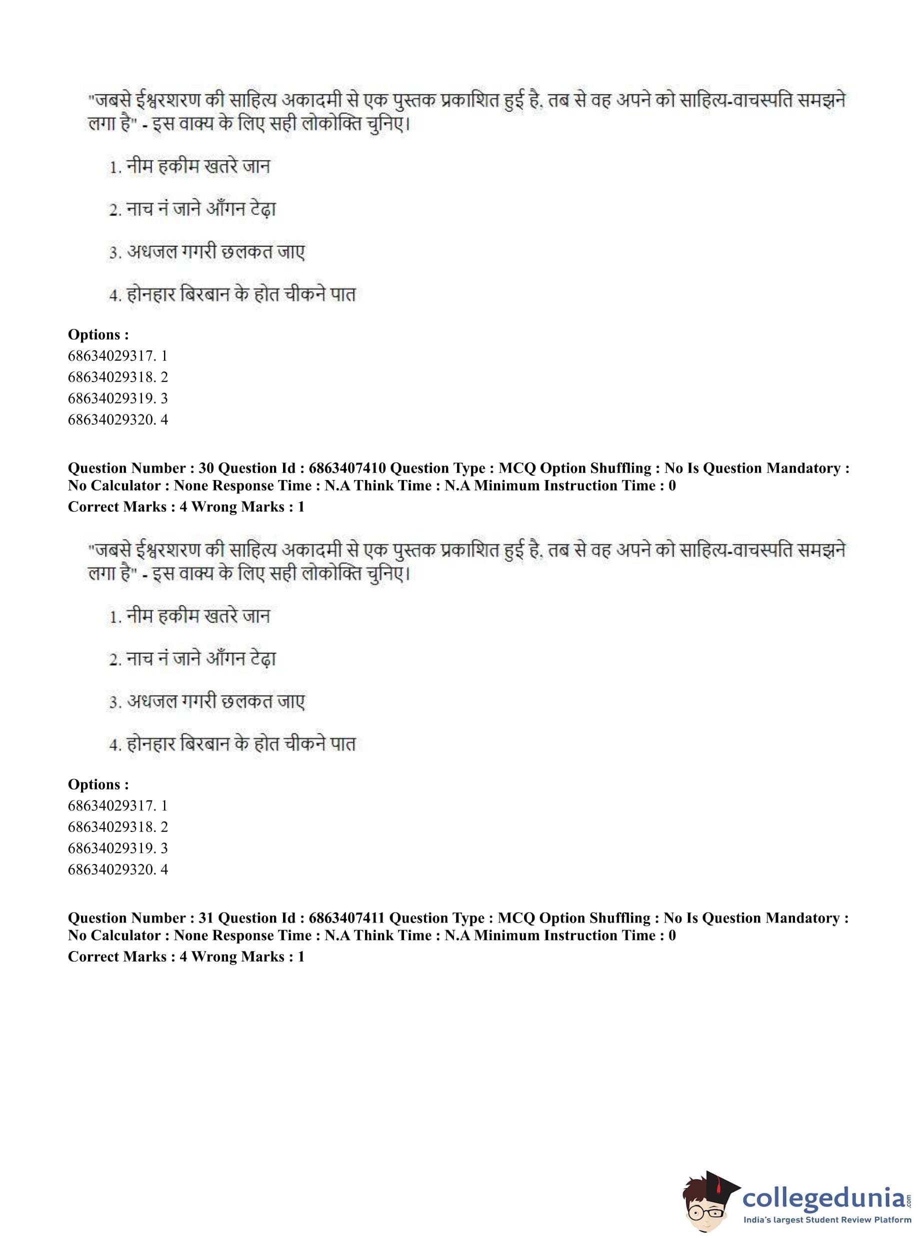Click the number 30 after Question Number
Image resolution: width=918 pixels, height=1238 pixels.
coord(205,468)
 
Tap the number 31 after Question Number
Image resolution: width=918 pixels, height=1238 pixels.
coord(205,918)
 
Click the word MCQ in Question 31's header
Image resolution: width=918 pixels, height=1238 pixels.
coord(514,918)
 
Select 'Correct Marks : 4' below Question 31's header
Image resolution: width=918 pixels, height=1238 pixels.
coord(127,956)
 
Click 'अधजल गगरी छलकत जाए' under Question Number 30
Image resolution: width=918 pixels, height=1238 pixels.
coord(215,702)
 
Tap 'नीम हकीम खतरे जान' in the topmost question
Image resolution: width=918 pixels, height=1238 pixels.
coord(198,166)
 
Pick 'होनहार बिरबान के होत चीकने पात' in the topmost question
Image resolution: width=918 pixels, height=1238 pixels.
coord(240,294)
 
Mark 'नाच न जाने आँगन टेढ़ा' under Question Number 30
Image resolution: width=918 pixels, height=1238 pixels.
coord(200,659)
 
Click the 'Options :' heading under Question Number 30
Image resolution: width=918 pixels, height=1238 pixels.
coord(98,784)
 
